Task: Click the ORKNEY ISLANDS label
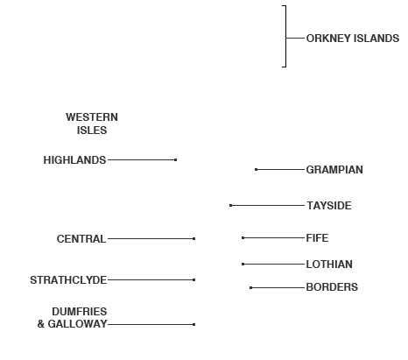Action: pyautogui.click(x=353, y=39)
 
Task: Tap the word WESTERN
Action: pyautogui.click(x=92, y=117)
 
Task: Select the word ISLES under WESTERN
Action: pyautogui.click(x=92, y=131)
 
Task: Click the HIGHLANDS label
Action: pyautogui.click(x=74, y=160)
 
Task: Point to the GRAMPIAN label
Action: pyautogui.click(x=334, y=170)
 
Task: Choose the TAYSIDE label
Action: pyautogui.click(x=329, y=206)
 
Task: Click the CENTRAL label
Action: pyautogui.click(x=81, y=239)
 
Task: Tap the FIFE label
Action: pyautogui.click(x=317, y=238)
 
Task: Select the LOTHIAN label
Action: pyautogui.click(x=329, y=265)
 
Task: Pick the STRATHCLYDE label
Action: pyautogui.click(x=68, y=280)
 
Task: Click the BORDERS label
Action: pyautogui.click(x=332, y=287)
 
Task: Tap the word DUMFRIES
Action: pyautogui.click(x=80, y=312)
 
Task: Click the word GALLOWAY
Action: pyautogui.click(x=77, y=324)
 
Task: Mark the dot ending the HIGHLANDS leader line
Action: pyautogui.click(x=175, y=159)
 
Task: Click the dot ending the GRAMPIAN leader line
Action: pyautogui.click(x=256, y=169)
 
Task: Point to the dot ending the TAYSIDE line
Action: pyautogui.click(x=231, y=206)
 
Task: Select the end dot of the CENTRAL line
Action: pyautogui.click(x=194, y=239)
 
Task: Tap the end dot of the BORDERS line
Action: pyautogui.click(x=251, y=287)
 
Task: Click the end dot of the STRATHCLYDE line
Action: pyautogui.click(x=194, y=279)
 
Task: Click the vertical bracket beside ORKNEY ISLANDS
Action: pyautogui.click(x=285, y=36)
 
